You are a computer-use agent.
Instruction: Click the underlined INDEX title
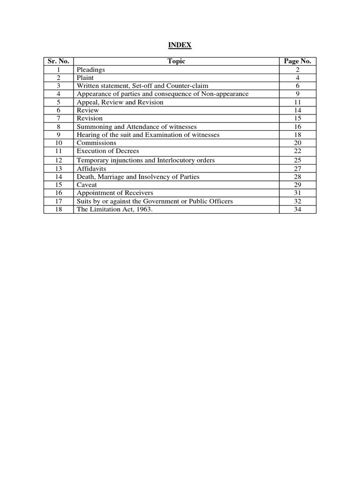180,45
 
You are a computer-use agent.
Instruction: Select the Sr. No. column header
59,61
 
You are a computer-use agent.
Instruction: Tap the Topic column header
176,61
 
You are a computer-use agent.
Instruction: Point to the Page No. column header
297,61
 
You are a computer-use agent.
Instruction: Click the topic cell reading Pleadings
91,69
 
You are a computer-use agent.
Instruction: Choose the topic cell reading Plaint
85,78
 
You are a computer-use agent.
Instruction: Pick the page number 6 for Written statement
297,86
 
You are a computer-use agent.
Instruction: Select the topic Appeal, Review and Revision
120,102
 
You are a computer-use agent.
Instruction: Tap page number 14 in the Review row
297,110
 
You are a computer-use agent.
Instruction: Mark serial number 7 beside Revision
59,118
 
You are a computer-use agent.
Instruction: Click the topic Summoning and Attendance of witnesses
137,127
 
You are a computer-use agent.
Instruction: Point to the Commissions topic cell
97,143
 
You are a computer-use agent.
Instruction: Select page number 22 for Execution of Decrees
297,151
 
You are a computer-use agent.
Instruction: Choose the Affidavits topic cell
91,168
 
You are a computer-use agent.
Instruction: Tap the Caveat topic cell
87,185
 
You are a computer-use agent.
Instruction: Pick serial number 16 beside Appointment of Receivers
59,193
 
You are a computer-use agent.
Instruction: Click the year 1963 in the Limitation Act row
142,209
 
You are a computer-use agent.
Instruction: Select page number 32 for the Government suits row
297,201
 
